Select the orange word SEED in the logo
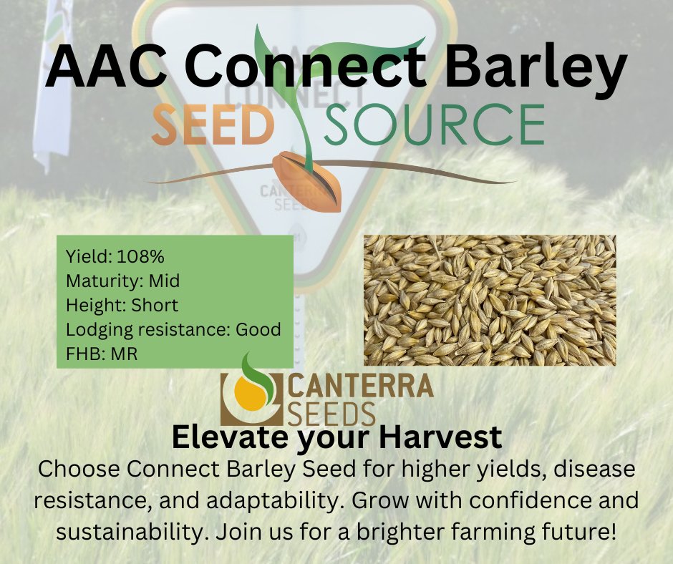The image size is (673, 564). (213, 125)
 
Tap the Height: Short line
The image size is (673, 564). (122, 305)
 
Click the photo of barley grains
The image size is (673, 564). (490, 300)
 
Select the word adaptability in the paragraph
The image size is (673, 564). (307, 502)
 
